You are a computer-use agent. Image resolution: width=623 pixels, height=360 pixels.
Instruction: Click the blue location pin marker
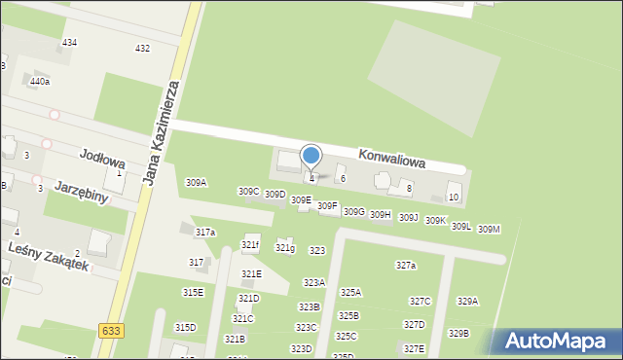tap(311, 157)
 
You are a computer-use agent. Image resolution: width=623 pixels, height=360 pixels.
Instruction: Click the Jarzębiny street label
tap(81, 190)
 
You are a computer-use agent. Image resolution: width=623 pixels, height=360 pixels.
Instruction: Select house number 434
tap(69, 44)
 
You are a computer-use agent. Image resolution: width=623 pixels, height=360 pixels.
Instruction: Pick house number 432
tap(142, 49)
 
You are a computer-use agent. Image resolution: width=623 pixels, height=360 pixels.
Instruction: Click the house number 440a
tap(39, 82)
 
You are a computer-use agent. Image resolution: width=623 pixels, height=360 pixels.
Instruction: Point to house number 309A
tap(196, 182)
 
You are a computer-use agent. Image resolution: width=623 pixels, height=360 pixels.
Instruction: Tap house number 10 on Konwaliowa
tap(453, 198)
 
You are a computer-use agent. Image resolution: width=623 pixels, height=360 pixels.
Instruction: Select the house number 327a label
tap(406, 266)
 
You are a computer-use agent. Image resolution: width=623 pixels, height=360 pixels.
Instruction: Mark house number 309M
tap(489, 229)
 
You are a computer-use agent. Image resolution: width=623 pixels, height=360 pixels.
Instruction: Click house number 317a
tap(204, 233)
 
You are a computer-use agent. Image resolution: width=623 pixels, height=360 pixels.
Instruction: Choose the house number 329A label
tap(467, 302)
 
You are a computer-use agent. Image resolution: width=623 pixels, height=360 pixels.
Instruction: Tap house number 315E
tap(193, 293)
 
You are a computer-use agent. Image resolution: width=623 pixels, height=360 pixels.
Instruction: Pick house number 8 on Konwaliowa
tap(409, 188)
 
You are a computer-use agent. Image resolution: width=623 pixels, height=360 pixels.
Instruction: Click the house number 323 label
tap(316, 251)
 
